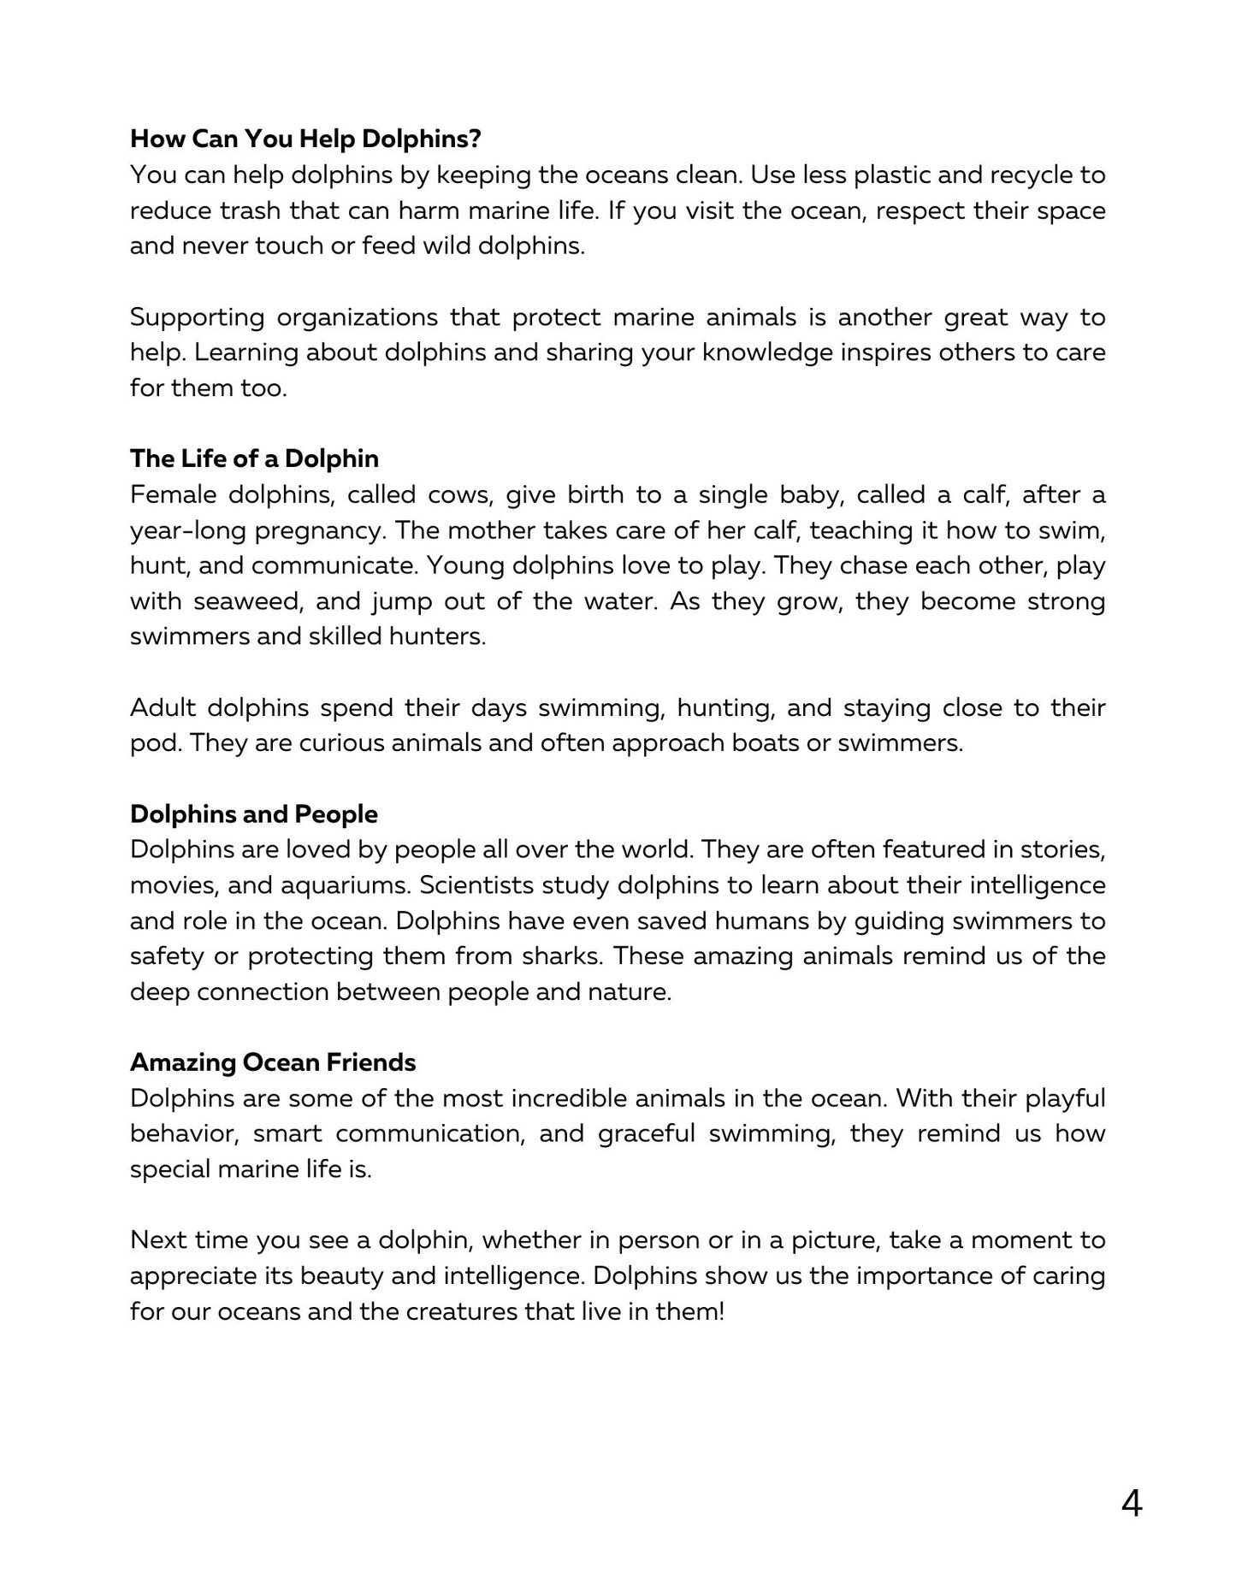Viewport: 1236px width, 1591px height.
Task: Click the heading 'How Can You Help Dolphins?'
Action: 305,139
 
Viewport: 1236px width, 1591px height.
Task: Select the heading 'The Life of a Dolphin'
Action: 254,458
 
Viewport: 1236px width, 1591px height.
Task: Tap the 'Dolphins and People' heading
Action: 254,813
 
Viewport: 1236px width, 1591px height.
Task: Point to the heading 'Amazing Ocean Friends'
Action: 273,1062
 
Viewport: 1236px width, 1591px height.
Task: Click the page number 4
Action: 1131,1504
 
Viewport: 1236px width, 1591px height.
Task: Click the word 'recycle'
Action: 1026,174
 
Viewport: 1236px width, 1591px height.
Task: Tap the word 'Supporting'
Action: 197,317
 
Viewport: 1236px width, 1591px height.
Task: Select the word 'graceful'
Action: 647,1133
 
